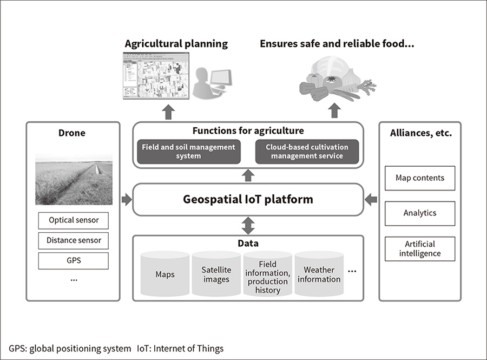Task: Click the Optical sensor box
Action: tap(73, 220)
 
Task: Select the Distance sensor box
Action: tap(73, 240)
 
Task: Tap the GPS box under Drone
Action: tap(73, 260)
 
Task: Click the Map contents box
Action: tap(420, 178)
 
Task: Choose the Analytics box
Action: tap(420, 213)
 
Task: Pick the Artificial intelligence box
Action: tap(420, 249)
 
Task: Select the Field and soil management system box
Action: tap(189, 152)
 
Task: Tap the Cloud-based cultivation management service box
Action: tap(307, 152)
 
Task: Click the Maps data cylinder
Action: tap(165, 274)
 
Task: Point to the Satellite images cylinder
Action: tap(216, 274)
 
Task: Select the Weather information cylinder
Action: tap(319, 274)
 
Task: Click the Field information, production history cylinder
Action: tap(268, 276)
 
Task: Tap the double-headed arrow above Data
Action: tap(248, 225)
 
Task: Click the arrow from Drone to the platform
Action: tap(127, 200)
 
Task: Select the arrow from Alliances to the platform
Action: tap(370, 200)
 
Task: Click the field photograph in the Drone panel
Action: tap(74, 179)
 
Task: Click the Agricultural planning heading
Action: tap(176, 43)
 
